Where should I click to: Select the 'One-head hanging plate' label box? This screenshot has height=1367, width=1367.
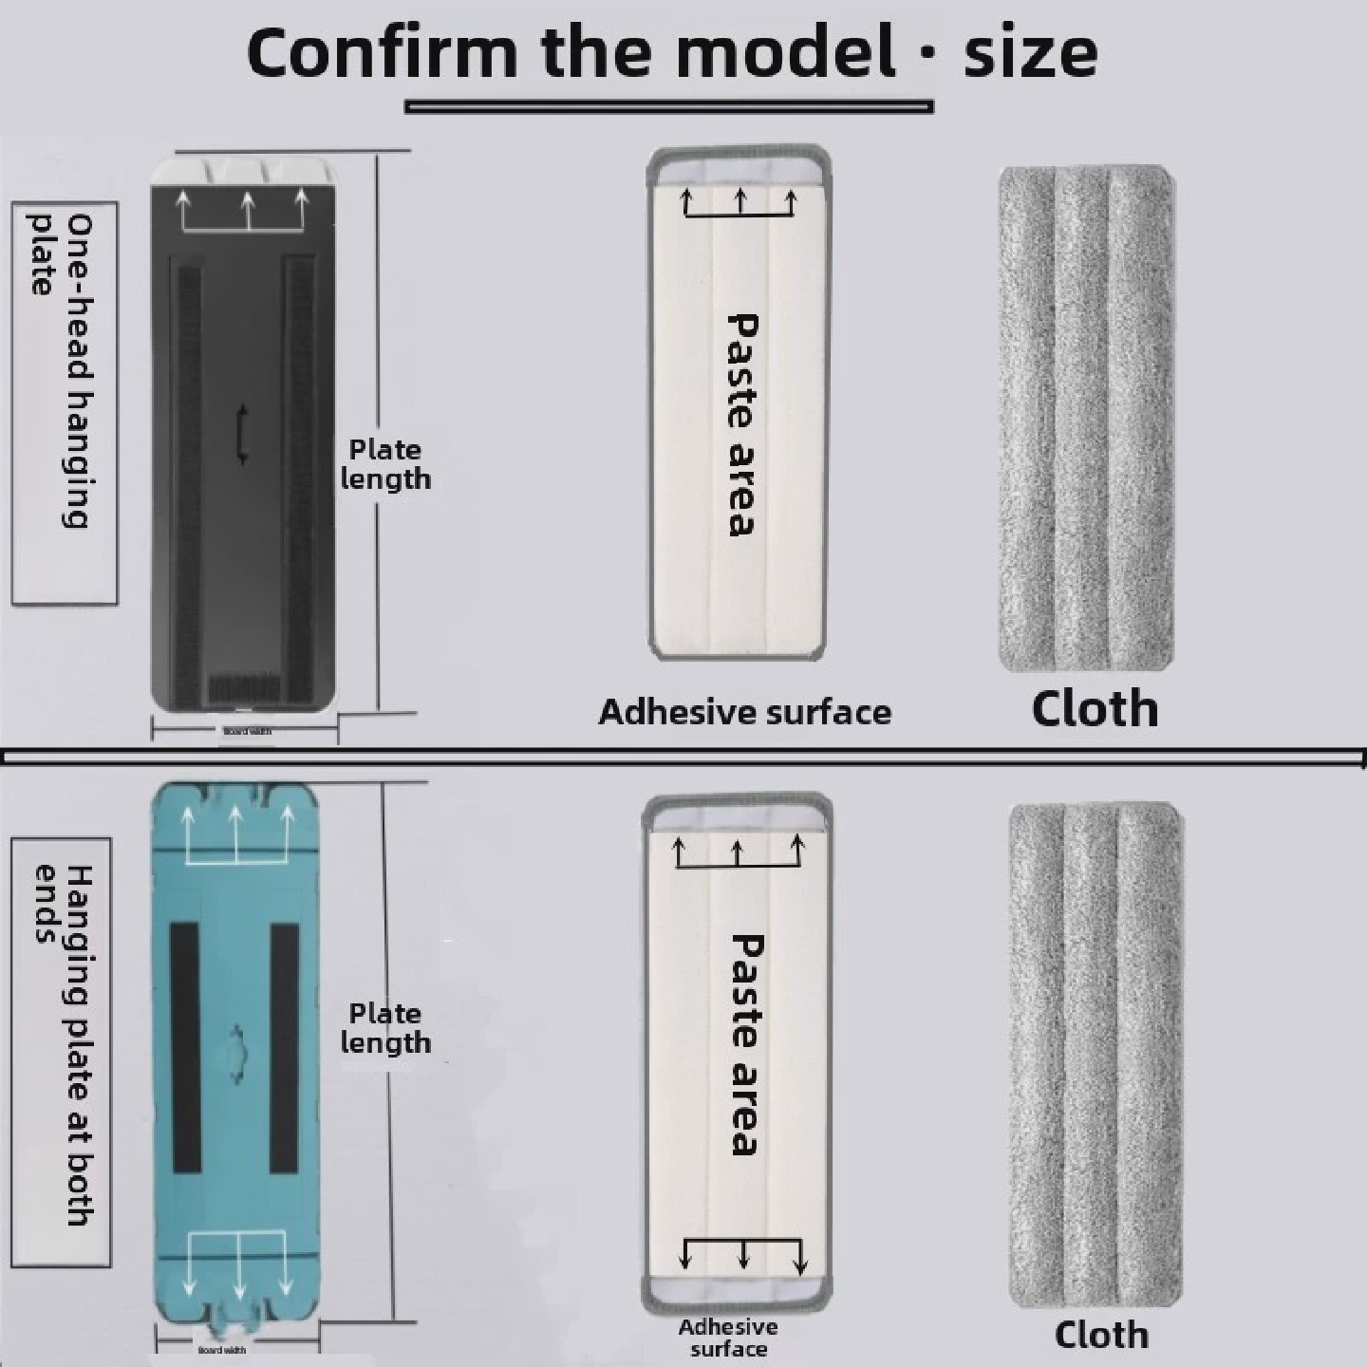(x=65, y=403)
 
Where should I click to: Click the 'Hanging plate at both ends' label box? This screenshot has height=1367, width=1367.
(x=62, y=1052)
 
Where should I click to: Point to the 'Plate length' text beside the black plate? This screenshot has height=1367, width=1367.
(x=385, y=464)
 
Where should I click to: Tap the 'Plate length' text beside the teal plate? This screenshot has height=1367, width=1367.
(x=385, y=1028)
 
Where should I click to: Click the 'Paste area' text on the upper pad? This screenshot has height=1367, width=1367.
(x=741, y=424)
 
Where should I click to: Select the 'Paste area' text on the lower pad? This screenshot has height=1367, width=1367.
(x=746, y=1044)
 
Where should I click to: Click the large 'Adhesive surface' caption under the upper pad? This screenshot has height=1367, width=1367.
(x=745, y=712)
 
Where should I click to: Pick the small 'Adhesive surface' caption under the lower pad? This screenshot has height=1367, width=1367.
(x=728, y=1338)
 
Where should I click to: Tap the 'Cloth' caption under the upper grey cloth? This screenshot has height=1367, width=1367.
(x=1095, y=709)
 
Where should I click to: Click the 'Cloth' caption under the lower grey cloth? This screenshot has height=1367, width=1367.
(x=1101, y=1335)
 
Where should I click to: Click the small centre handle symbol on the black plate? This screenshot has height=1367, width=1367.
(x=243, y=435)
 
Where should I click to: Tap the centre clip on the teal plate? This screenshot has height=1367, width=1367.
(x=236, y=1051)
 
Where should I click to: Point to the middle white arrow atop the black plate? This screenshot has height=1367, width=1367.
(x=248, y=211)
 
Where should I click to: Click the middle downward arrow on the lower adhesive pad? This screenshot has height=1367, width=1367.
(x=743, y=1253)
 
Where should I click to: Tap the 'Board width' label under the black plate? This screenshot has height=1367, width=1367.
(x=247, y=731)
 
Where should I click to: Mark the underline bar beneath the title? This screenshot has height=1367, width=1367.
(x=669, y=107)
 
